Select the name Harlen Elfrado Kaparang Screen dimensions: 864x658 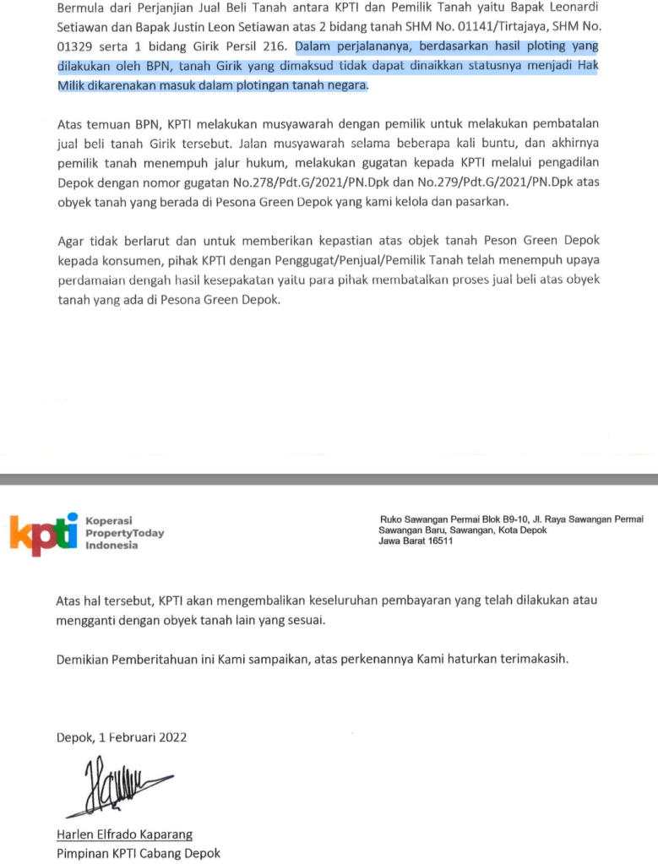pyautogui.click(x=124, y=834)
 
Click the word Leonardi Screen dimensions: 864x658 pyautogui.click(x=574, y=8)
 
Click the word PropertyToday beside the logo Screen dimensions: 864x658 pyautogui.click(x=125, y=533)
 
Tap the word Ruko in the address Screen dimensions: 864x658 pyautogui.click(x=394, y=519)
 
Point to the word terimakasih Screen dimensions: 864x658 pyautogui.click(x=530, y=657)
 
